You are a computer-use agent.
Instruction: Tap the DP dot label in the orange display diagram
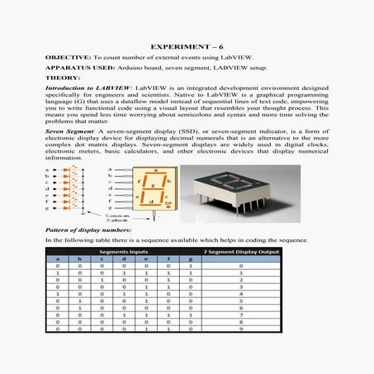168,202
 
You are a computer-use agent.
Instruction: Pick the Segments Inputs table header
124,251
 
